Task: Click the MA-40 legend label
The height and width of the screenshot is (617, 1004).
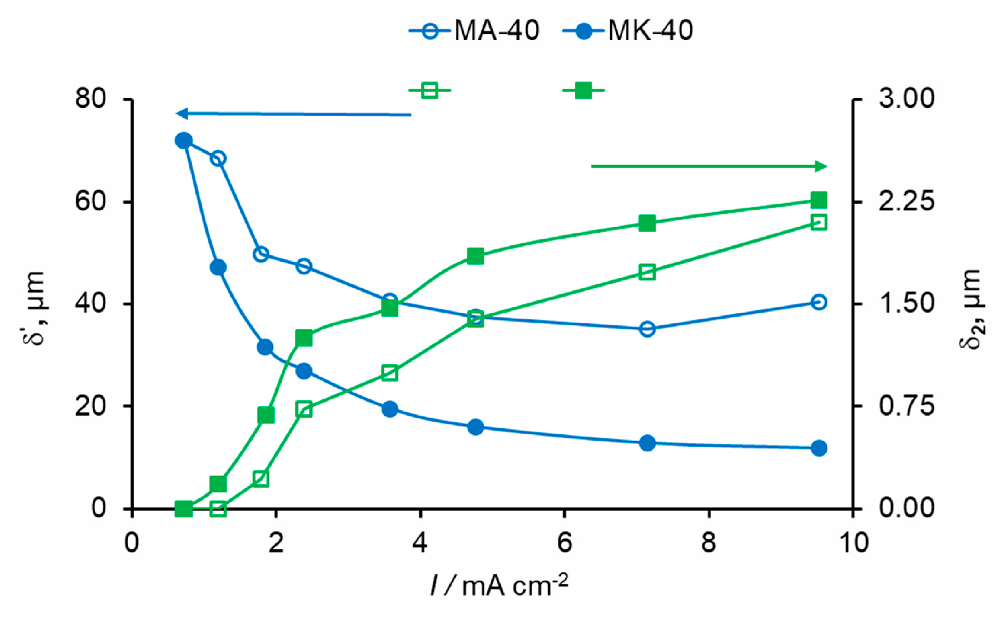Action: tap(496, 30)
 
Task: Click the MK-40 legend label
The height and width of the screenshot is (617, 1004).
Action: tap(650, 30)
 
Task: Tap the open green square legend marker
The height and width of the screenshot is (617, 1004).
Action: tap(430, 90)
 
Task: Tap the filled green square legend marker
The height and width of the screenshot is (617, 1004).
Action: tap(583, 90)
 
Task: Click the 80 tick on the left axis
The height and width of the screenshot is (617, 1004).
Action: tap(90, 99)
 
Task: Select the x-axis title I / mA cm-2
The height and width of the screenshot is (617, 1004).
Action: tap(499, 585)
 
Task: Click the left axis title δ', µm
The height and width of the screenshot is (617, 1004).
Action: tap(34, 308)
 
